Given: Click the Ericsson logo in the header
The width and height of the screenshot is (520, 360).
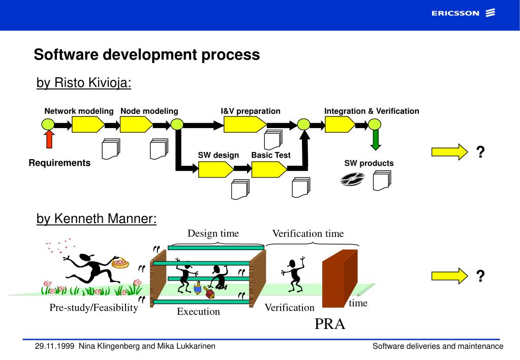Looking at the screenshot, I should tap(463, 13).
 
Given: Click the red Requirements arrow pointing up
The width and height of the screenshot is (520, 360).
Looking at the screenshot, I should tap(49, 139).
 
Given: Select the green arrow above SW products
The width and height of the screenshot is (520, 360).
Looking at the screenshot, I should tap(375, 140).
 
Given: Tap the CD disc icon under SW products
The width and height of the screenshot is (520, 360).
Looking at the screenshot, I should tap(352, 179).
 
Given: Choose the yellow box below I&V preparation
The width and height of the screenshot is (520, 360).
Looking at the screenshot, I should tap(245, 124).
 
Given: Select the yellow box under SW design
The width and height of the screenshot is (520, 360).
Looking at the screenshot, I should tap(216, 169).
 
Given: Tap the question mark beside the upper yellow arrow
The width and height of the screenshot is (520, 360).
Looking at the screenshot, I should tap(480, 152).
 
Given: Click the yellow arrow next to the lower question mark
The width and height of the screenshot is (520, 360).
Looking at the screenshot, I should tap(449, 276).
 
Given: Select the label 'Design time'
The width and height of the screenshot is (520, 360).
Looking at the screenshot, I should tap(213, 233).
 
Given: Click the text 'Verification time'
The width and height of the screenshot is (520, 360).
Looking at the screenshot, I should tap(308, 234).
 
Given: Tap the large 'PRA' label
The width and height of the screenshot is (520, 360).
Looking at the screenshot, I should tap(330, 324).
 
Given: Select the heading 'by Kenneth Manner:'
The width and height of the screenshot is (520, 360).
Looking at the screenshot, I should tap(97, 219).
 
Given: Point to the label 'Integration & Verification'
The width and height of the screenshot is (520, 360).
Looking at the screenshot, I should tap(372, 111).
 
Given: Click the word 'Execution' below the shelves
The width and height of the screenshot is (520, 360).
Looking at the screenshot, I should tap(198, 312).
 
